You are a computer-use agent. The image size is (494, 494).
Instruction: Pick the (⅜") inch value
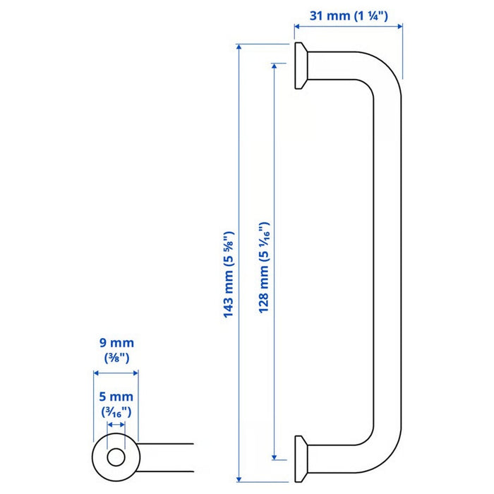coord(116,357)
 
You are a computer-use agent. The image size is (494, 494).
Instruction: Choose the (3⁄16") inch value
coord(116,411)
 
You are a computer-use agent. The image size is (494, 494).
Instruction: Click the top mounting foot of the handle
coord(301,66)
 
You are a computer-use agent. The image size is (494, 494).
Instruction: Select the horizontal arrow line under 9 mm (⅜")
coord(116,372)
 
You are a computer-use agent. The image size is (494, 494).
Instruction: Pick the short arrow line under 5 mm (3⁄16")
coord(116,426)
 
